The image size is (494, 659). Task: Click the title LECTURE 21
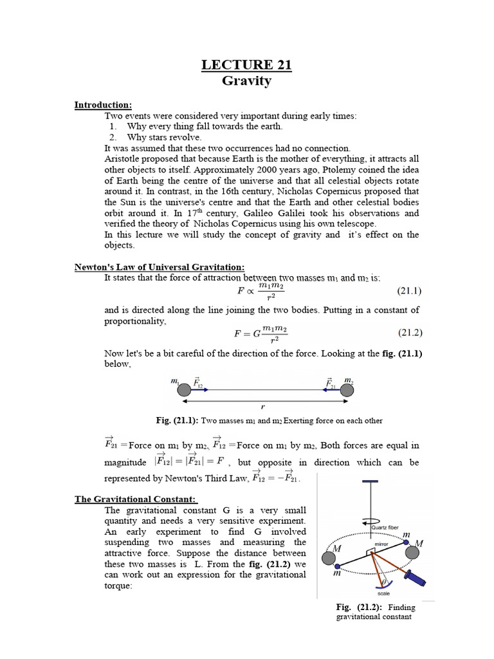point(247,64)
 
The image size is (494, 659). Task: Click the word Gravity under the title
point(247,81)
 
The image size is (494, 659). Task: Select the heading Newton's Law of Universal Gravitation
point(160,267)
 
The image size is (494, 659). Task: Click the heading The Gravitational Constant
point(136,499)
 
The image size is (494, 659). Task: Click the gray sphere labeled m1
point(184,389)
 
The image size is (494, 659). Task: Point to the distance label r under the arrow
point(263,407)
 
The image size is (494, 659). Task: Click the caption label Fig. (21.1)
point(177,420)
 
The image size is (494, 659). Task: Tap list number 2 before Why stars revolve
point(113,137)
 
